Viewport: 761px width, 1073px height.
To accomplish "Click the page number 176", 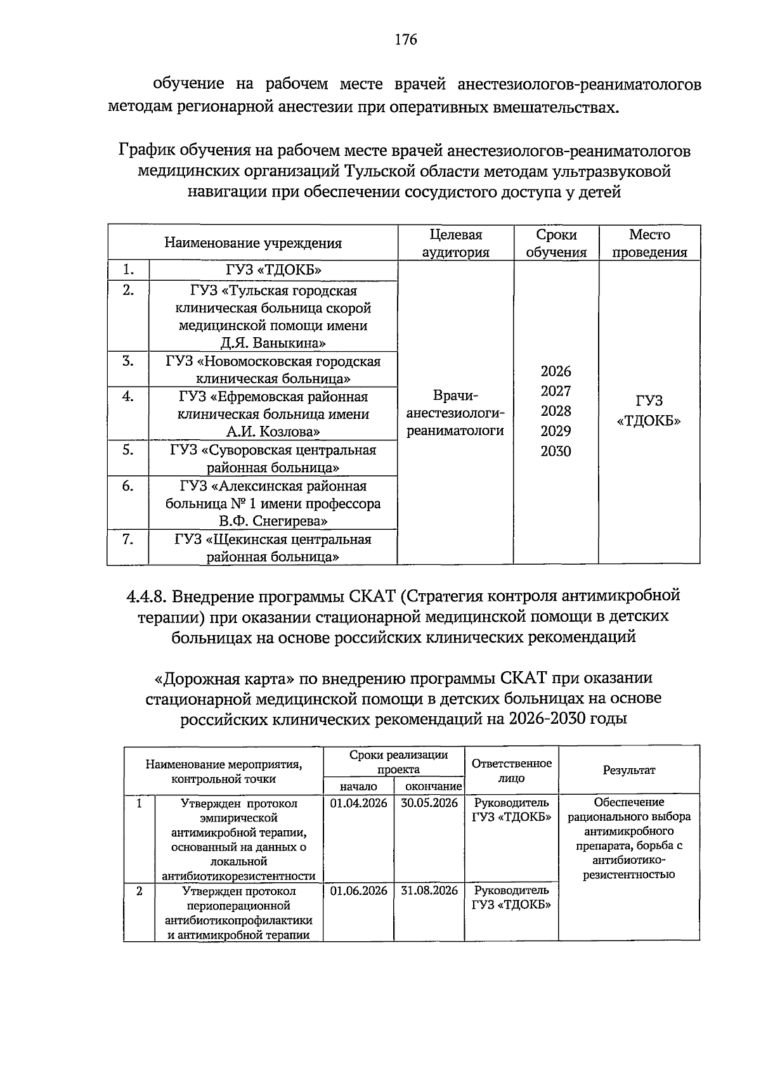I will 405,40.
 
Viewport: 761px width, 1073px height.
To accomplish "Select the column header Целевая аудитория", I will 455,243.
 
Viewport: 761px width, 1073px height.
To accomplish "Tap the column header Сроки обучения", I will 556,243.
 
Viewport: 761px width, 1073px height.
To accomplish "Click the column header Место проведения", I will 649,243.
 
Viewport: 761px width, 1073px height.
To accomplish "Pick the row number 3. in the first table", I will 128,361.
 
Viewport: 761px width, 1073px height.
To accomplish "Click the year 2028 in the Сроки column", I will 556,411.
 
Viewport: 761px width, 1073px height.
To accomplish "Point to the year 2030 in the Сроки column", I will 556,451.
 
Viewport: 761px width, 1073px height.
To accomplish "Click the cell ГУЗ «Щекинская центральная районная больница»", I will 273,548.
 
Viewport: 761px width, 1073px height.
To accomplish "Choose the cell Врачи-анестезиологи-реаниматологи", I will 455,413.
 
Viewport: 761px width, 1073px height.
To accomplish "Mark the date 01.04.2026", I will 358,804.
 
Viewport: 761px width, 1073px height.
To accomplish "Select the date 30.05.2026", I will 429,804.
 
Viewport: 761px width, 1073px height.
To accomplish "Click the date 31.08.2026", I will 429,891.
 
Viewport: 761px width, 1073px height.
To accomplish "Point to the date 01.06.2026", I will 358,891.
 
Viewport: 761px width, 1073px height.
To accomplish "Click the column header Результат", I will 628,770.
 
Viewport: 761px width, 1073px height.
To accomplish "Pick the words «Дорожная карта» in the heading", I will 224,679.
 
